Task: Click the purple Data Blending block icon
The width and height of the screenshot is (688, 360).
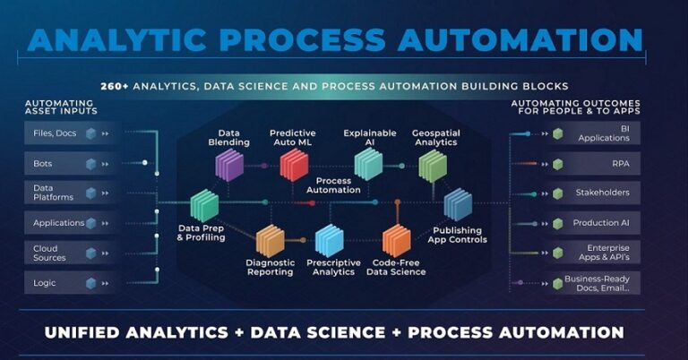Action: click(229, 165)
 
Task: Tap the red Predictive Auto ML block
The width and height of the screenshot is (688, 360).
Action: click(294, 165)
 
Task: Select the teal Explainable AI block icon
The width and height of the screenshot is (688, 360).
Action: click(368, 164)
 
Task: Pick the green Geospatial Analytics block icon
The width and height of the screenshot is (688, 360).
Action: click(433, 167)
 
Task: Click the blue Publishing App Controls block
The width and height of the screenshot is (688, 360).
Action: click(458, 204)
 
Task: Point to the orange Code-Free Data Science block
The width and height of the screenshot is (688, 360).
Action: click(397, 240)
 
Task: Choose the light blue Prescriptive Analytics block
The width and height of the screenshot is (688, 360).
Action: click(329, 240)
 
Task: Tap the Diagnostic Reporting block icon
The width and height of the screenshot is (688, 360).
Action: click(270, 241)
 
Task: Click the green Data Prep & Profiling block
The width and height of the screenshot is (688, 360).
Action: click(204, 206)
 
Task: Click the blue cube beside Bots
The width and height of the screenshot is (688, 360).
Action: click(90, 164)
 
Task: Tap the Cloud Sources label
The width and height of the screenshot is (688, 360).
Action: click(49, 253)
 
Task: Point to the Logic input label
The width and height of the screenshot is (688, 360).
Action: click(44, 283)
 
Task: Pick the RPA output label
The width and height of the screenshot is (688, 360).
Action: click(621, 164)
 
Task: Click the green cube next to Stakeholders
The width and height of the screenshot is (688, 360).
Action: click(558, 193)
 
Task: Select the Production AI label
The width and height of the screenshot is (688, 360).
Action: click(601, 223)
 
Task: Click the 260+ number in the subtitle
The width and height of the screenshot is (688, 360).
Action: click(115, 86)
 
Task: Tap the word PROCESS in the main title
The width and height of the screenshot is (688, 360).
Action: click(302, 39)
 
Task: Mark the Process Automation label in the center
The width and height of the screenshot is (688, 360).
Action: click(333, 185)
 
